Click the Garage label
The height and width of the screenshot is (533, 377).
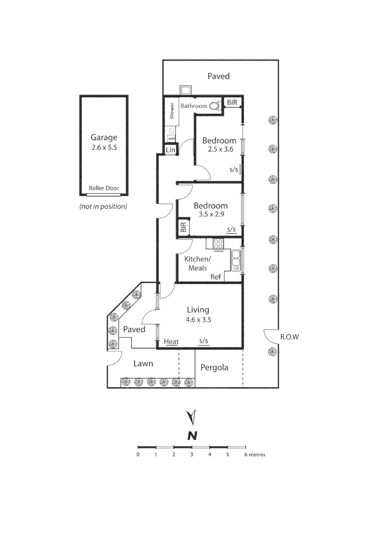click(x=104, y=138)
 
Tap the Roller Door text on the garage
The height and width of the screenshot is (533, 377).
click(x=104, y=188)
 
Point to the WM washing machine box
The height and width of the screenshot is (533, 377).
click(x=171, y=139)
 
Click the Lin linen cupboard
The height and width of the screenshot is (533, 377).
click(x=170, y=150)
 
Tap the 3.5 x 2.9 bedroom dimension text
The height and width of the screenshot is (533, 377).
click(x=210, y=215)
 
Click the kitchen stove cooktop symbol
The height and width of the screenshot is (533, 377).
click(x=218, y=243)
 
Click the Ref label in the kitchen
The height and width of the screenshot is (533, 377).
click(x=216, y=277)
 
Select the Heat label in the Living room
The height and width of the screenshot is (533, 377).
click(x=171, y=342)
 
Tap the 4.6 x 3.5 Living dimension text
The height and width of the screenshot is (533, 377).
click(x=198, y=319)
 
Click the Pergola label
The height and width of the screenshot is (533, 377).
click(x=214, y=368)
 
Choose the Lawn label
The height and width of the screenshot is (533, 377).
click(x=143, y=364)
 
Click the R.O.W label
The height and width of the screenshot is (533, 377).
click(x=290, y=337)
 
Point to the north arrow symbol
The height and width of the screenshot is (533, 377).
click(x=192, y=417)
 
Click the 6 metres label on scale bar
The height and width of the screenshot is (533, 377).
click(x=254, y=455)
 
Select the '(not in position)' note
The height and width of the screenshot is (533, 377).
click(x=103, y=206)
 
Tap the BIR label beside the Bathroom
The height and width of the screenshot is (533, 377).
click(x=232, y=103)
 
